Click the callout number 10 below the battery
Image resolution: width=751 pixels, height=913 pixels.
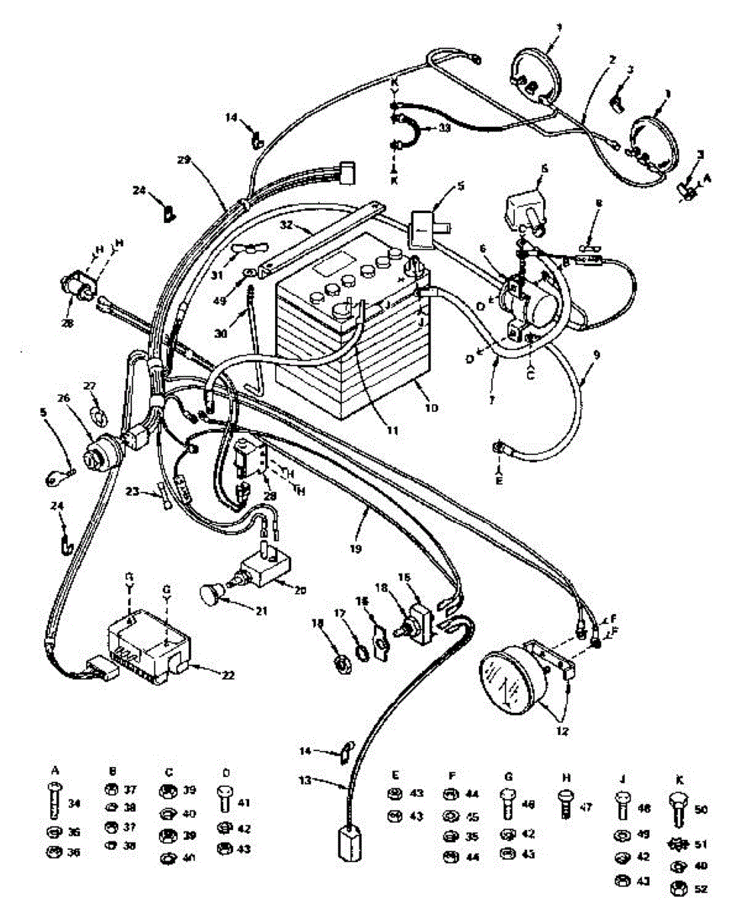pos(431,408)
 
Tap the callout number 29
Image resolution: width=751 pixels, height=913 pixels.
pos(182,161)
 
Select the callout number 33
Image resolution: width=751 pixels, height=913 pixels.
pos(444,129)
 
